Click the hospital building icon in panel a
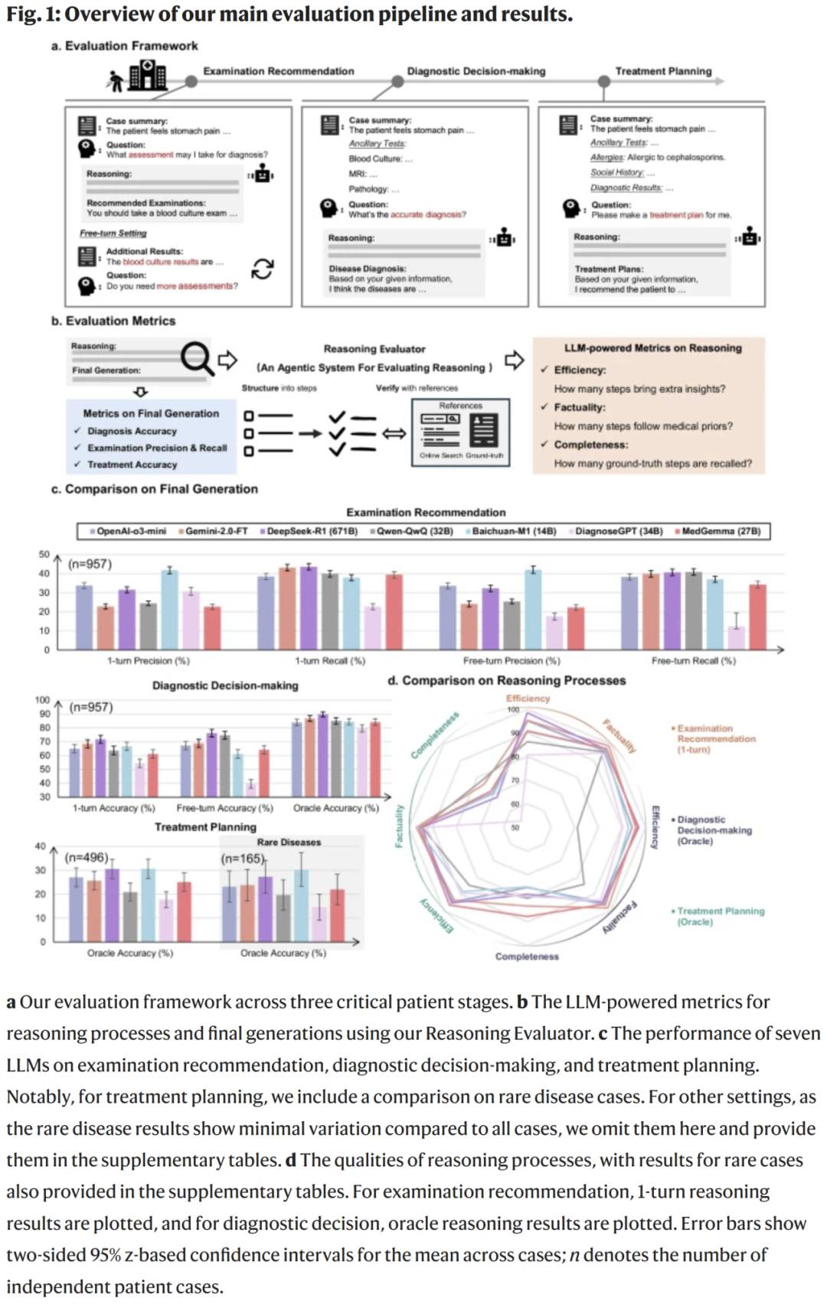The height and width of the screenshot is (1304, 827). click(x=147, y=76)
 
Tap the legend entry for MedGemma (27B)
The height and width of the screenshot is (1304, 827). click(x=721, y=531)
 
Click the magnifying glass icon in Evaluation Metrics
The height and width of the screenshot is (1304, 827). click(x=197, y=358)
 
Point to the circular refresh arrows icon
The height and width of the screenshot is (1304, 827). click(x=263, y=269)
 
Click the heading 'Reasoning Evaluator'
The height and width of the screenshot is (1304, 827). click(x=374, y=349)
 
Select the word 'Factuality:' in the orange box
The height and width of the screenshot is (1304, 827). click(x=580, y=408)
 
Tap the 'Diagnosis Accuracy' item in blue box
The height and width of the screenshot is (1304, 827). click(x=132, y=432)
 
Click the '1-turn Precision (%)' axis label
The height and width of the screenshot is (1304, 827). click(x=148, y=661)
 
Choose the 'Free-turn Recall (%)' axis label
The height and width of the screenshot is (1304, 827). click(x=693, y=661)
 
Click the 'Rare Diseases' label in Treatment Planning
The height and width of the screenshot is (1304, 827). click(x=289, y=843)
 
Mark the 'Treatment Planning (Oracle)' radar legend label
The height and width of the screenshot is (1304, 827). click(x=720, y=917)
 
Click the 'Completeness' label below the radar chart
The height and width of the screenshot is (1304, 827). click(x=527, y=957)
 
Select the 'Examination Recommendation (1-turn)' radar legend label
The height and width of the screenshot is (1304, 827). click(x=715, y=739)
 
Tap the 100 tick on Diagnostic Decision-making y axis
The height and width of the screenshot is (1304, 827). click(x=42, y=700)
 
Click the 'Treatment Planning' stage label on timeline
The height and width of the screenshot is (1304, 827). click(x=663, y=71)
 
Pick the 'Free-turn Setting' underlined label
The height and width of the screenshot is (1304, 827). click(x=113, y=233)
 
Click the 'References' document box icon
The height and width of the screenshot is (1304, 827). click(x=461, y=432)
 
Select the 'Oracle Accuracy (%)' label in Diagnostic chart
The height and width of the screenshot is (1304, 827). click(x=335, y=808)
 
